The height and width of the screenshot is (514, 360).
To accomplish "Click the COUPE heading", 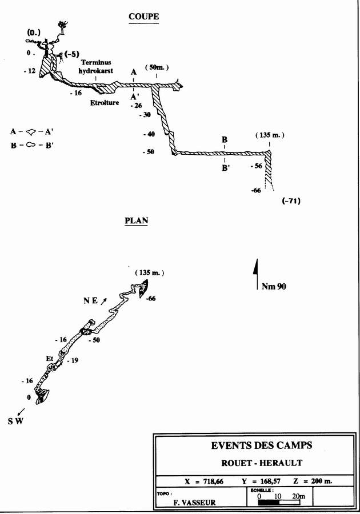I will (x=143, y=17).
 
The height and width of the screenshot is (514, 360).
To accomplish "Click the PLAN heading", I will (x=136, y=220).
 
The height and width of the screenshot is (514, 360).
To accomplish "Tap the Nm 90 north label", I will (x=274, y=287).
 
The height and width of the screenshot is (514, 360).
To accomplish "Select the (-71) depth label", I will (x=291, y=201).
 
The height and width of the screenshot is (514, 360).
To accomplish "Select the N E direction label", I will (x=91, y=301).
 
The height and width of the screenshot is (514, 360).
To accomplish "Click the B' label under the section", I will (x=226, y=168).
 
